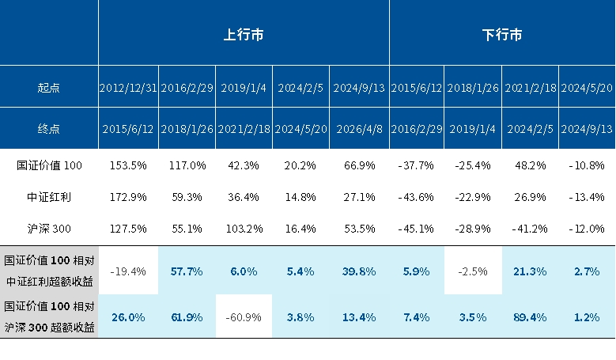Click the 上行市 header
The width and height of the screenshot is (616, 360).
244,35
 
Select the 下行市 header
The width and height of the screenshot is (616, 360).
502,35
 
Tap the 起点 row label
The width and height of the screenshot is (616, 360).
49,88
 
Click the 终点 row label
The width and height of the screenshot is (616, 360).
49,128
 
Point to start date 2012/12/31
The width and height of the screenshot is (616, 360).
128,88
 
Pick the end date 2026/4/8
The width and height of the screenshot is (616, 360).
359,128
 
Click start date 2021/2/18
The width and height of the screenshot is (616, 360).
530,88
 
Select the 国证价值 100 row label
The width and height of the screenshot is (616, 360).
49,165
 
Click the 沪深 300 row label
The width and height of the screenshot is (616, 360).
49,229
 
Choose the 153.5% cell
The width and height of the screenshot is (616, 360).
128,165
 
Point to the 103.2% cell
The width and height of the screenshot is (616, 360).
244,229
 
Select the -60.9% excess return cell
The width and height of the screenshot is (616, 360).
244,317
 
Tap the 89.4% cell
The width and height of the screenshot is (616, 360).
530,317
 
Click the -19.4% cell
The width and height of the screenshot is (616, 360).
128,271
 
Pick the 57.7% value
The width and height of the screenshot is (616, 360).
187,271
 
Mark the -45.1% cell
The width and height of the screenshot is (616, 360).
416,229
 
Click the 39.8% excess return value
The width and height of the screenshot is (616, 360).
359,271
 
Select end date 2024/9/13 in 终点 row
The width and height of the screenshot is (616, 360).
587,128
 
